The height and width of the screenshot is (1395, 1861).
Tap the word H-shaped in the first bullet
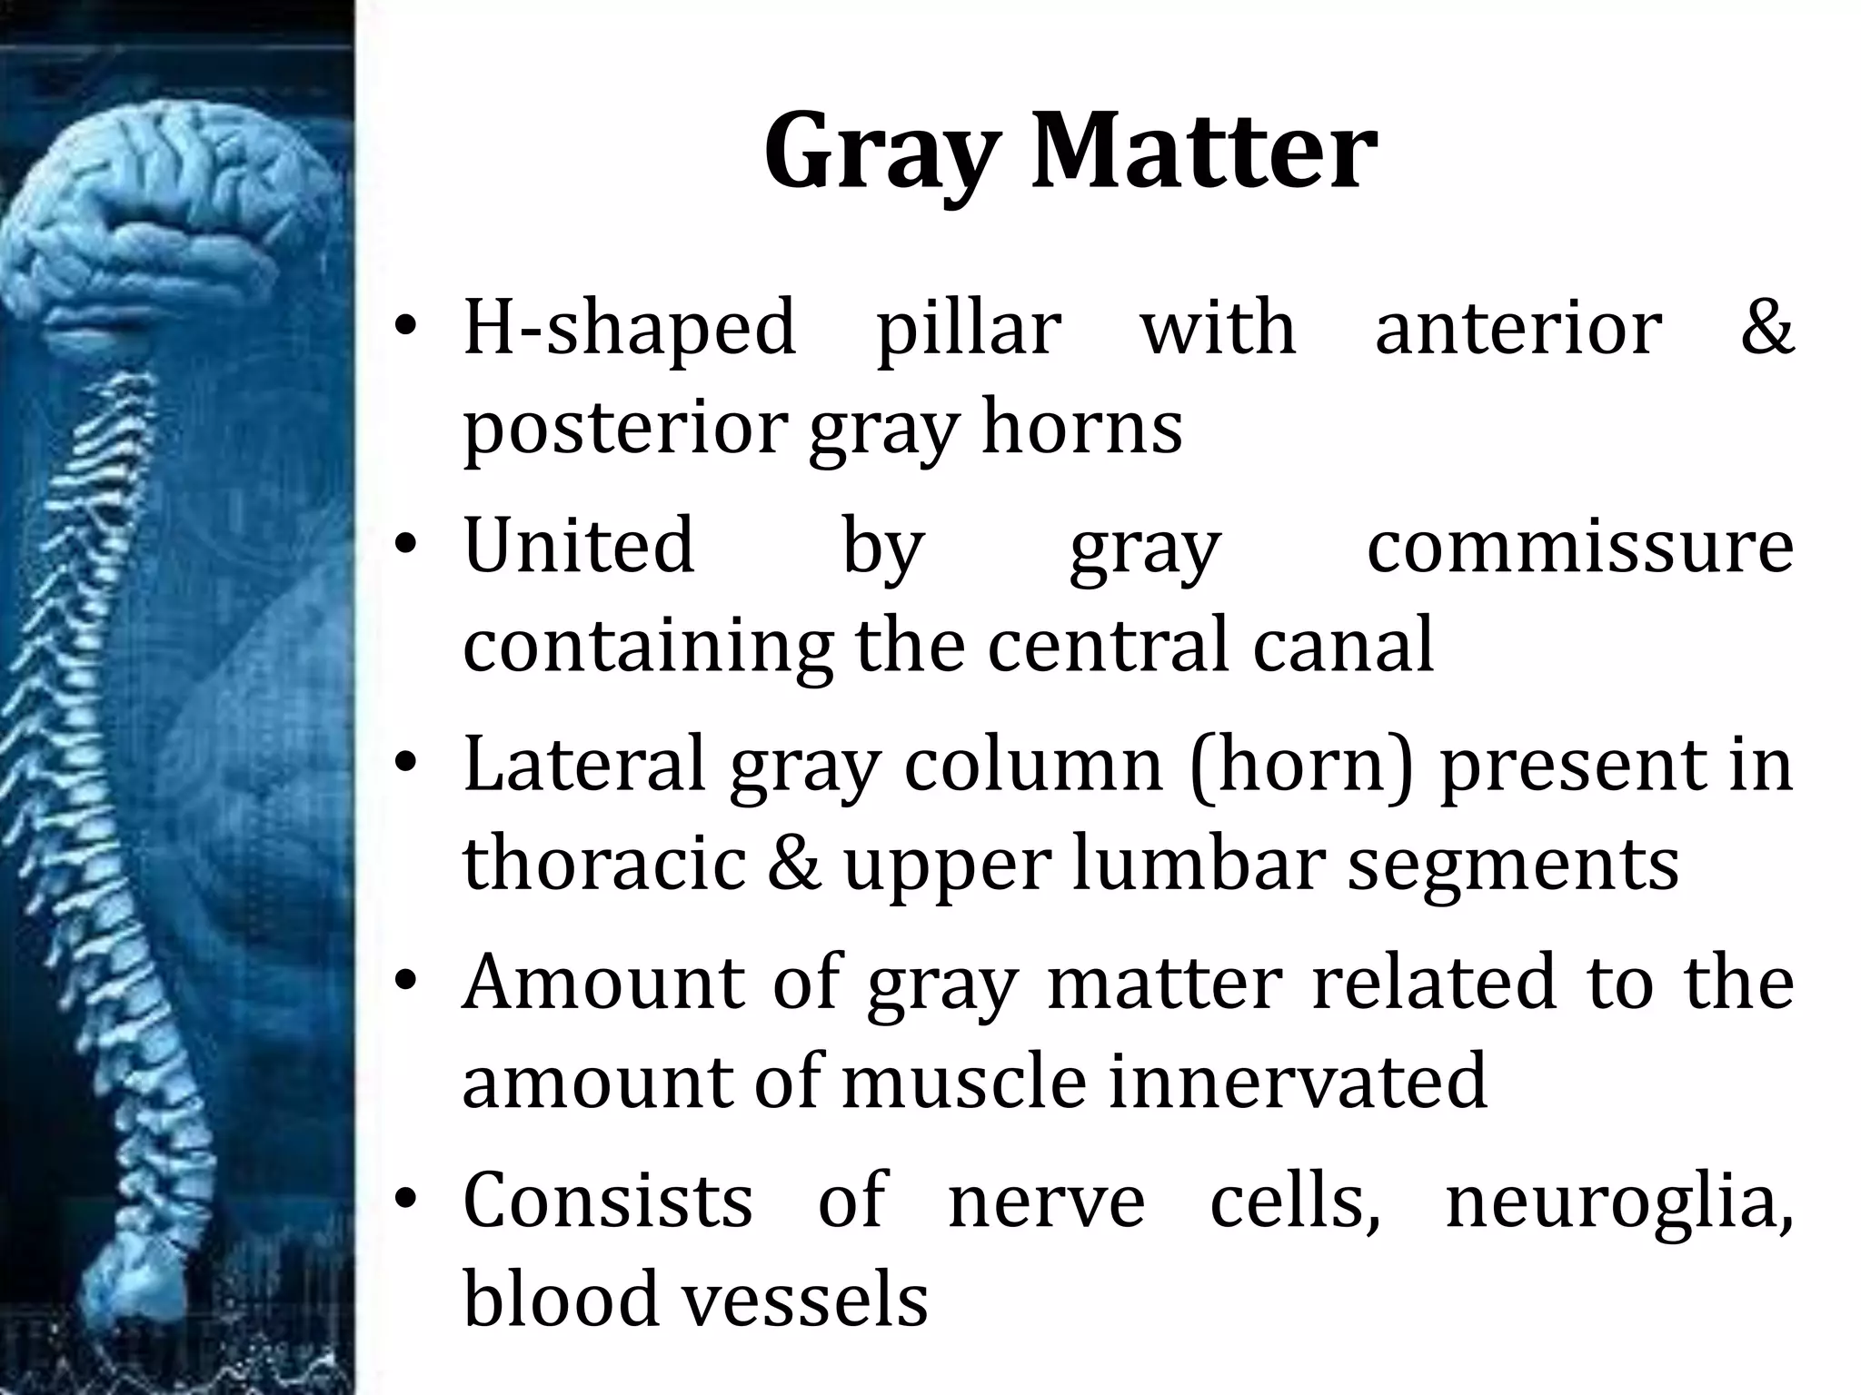click(x=630, y=327)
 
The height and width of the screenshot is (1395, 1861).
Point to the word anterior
click(x=1518, y=327)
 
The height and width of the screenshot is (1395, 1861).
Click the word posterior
click(x=623, y=429)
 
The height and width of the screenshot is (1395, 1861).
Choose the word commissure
click(x=1580, y=546)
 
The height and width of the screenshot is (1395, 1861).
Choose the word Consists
click(x=608, y=1200)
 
